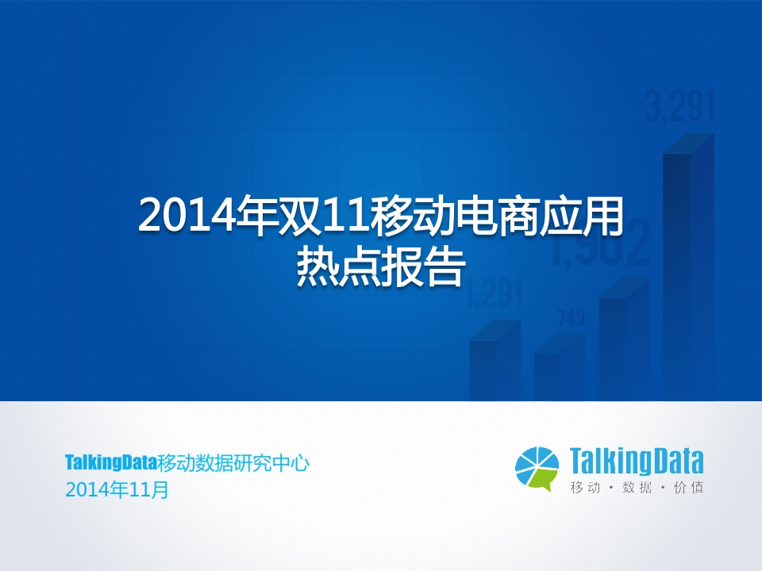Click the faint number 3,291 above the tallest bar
(x=680, y=106)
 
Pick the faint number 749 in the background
(x=571, y=318)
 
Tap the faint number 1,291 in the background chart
(x=495, y=293)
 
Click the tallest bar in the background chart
(x=689, y=267)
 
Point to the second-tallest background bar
(x=625, y=339)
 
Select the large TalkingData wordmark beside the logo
(x=637, y=462)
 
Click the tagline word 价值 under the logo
(x=689, y=487)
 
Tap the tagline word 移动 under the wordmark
(x=586, y=487)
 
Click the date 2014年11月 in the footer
(x=117, y=490)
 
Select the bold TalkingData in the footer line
(x=111, y=462)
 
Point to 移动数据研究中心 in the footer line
(x=233, y=463)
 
